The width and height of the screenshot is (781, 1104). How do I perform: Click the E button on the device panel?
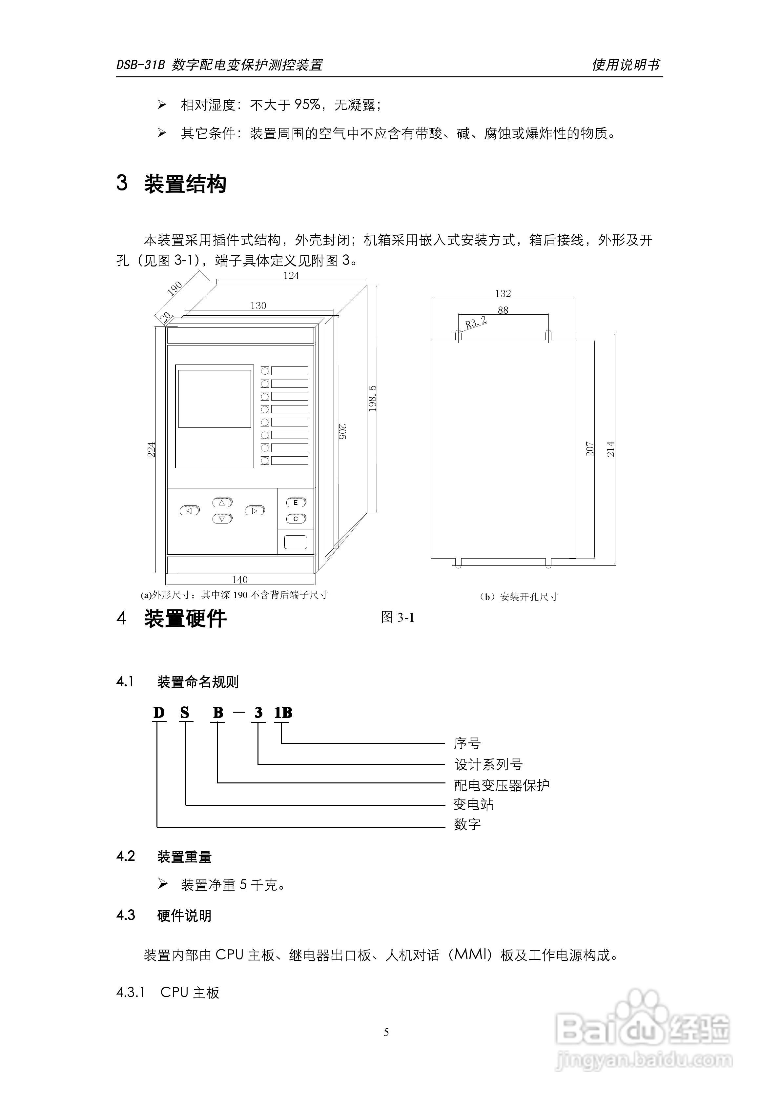pyautogui.click(x=296, y=503)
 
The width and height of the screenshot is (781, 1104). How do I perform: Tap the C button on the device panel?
pyautogui.click(x=296, y=519)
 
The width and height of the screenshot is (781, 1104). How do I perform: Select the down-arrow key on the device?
pyautogui.click(x=222, y=519)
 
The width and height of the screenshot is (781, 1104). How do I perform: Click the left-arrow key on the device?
pyautogui.click(x=190, y=511)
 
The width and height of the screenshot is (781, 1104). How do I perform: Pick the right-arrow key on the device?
pyautogui.click(x=255, y=511)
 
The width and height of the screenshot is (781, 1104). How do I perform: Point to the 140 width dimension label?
pyautogui.click(x=240, y=580)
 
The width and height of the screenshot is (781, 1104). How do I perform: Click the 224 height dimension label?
pyautogui.click(x=152, y=450)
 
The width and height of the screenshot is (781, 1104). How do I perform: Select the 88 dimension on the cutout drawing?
pyautogui.click(x=503, y=310)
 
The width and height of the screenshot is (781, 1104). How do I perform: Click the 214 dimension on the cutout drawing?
pyautogui.click(x=611, y=449)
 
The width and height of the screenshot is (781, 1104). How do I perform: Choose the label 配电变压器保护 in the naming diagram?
pyautogui.click(x=502, y=785)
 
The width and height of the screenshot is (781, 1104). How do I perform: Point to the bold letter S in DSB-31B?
pyautogui.click(x=185, y=713)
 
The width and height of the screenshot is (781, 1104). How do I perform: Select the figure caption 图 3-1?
pyautogui.click(x=398, y=617)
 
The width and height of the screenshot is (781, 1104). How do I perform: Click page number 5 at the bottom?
pyautogui.click(x=386, y=1032)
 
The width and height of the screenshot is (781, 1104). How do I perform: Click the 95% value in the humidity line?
pyautogui.click(x=307, y=104)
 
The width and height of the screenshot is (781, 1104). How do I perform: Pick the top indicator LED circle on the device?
pyautogui.click(x=265, y=371)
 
